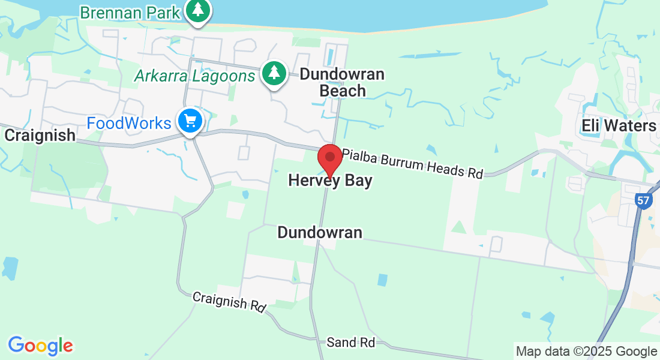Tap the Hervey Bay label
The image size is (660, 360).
330,181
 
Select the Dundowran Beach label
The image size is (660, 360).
342,82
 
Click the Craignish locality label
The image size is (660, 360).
40,135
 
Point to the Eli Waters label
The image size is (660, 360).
619,125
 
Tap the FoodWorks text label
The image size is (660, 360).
129,123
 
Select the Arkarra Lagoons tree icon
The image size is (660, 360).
274,74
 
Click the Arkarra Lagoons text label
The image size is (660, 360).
195,76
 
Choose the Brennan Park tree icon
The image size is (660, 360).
197,10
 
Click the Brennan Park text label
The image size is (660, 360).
129,12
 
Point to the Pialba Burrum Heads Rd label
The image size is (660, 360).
413,161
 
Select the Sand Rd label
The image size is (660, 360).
351,343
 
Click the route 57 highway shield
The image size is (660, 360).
643,202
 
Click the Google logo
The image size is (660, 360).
41,346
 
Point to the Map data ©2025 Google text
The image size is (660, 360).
586,352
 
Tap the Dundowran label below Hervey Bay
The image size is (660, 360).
320,232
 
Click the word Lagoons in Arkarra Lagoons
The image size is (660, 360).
227,76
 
